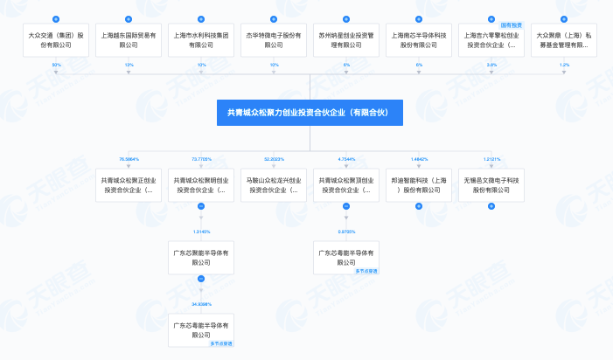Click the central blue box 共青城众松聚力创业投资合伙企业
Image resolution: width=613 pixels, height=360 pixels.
click(x=309, y=113)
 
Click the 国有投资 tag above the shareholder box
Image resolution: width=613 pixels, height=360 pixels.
click(x=511, y=26)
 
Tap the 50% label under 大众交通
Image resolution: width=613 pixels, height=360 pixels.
click(x=57, y=65)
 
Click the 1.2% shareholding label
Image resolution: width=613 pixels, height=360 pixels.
click(x=564, y=65)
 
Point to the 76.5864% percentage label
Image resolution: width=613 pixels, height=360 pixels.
click(x=129, y=160)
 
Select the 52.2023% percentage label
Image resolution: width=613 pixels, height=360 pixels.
click(x=274, y=160)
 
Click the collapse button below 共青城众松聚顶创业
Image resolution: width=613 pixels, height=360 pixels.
click(x=346, y=206)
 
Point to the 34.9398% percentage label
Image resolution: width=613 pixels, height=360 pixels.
click(x=202, y=304)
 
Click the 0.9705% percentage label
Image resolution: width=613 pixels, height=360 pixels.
click(x=346, y=231)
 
